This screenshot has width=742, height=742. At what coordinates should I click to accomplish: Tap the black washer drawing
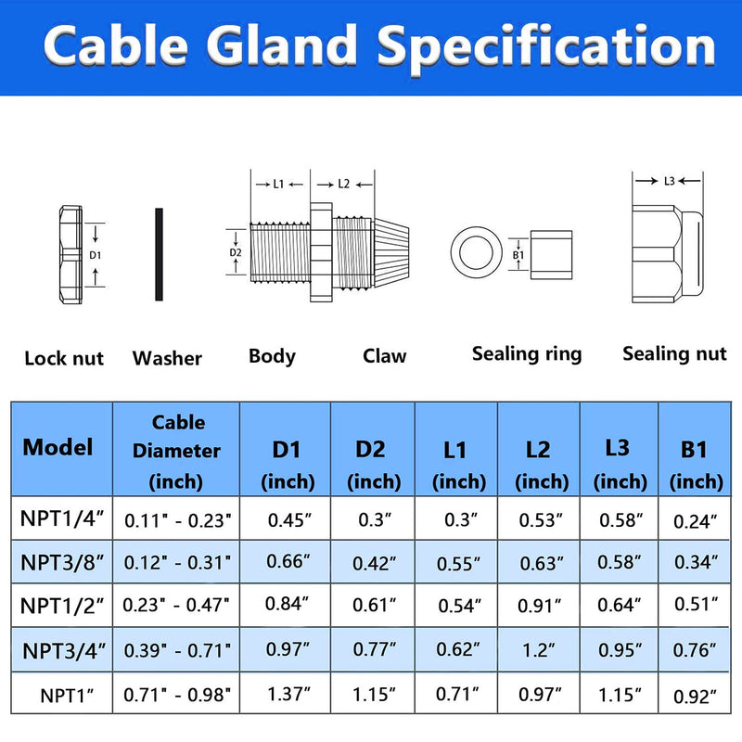[x=159, y=254]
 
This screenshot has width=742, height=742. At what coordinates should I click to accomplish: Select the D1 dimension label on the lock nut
[x=96, y=255]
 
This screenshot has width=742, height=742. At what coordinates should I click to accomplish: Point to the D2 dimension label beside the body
[x=236, y=252]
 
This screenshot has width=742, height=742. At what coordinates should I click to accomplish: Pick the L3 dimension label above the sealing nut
[x=669, y=181]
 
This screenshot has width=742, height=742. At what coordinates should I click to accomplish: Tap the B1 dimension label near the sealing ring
[x=518, y=255]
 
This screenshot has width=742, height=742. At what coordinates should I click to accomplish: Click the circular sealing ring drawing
[x=476, y=252]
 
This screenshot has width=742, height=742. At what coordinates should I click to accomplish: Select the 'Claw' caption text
[x=384, y=356]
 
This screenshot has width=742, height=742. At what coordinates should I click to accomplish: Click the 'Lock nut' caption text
[x=64, y=358]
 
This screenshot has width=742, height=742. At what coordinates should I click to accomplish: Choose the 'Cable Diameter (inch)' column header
[x=176, y=452]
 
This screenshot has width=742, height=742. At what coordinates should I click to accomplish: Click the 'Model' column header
[x=58, y=447]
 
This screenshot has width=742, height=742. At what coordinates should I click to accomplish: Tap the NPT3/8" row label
[x=62, y=563]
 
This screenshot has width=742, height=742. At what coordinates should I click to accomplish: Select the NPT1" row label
[x=67, y=696]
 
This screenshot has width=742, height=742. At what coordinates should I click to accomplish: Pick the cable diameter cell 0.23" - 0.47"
[x=176, y=605]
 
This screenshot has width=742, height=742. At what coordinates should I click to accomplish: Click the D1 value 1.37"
[x=288, y=694]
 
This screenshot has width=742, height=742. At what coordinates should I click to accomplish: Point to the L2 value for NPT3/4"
[x=540, y=651]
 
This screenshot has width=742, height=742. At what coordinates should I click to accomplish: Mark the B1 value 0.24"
[x=695, y=521]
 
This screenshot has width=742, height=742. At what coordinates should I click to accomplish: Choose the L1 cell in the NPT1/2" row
[x=459, y=606]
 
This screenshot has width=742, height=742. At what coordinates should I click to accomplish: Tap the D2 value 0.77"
[x=375, y=649]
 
